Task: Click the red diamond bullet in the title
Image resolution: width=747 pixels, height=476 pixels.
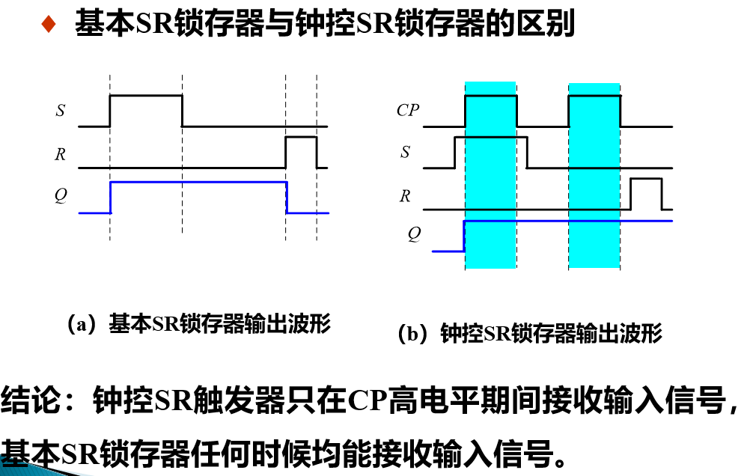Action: click(x=49, y=25)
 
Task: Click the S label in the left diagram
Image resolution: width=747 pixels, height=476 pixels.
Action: click(x=60, y=112)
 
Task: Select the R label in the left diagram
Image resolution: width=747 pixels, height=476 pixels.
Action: click(x=60, y=155)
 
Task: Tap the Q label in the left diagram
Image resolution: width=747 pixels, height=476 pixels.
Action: click(x=60, y=195)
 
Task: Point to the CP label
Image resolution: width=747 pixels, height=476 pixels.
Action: click(x=408, y=111)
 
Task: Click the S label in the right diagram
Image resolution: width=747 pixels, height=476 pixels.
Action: click(x=406, y=153)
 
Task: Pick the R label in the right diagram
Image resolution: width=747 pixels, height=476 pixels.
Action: click(x=405, y=196)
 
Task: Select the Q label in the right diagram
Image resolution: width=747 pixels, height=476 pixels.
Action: click(x=414, y=234)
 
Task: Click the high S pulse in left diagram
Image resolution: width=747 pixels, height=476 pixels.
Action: click(x=146, y=96)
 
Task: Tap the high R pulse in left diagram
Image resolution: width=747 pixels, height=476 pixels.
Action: click(x=301, y=138)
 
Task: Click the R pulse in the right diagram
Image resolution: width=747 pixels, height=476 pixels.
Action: click(x=646, y=180)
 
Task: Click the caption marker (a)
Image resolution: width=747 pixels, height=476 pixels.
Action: click(x=82, y=324)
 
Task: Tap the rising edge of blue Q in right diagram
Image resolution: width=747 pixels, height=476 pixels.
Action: click(x=465, y=236)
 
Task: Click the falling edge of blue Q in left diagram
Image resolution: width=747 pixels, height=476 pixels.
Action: click(x=287, y=198)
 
